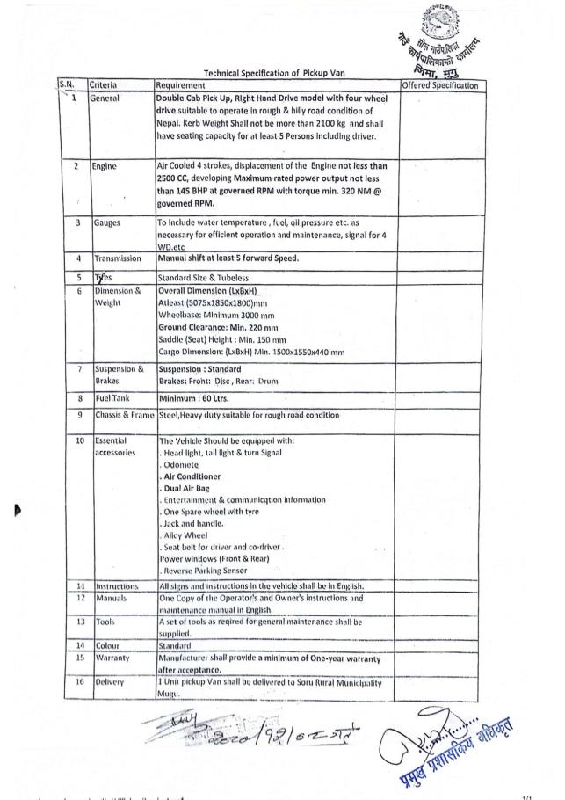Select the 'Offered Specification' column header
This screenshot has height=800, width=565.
click(438, 85)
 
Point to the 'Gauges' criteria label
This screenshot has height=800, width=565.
click(107, 223)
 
